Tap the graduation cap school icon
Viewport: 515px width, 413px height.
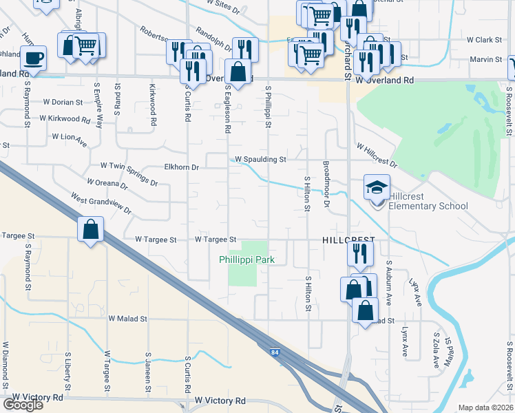[377, 186]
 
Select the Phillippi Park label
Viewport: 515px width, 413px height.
[247, 260]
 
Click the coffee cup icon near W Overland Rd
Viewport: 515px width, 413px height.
[34, 57]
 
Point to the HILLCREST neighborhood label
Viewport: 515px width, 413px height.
[348, 240]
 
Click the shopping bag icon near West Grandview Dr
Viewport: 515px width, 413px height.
[91, 230]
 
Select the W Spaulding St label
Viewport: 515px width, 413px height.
[260, 159]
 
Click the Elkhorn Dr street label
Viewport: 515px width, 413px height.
[182, 167]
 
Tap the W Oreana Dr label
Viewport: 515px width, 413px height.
[107, 184]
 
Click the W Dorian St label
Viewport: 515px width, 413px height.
[63, 101]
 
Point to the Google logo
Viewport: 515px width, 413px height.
[23, 405]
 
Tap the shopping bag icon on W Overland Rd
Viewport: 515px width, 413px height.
[238, 71]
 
